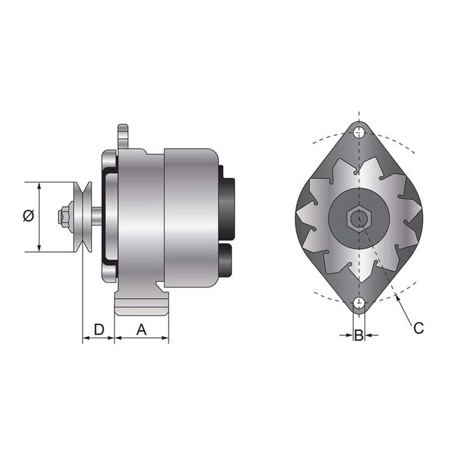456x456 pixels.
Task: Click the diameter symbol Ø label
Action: pyautogui.click(x=28, y=216)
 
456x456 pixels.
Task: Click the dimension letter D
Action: pyautogui.click(x=98, y=329)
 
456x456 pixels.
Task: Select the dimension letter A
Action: pyautogui.click(x=141, y=329)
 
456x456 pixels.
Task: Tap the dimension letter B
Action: pyautogui.click(x=358, y=336)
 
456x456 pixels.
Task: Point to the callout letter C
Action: pyautogui.click(x=418, y=328)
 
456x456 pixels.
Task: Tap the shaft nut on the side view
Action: pyautogui.click(x=64, y=216)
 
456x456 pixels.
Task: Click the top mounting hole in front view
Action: pyautogui.click(x=359, y=133)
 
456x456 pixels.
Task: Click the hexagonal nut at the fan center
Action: pyautogui.click(x=358, y=218)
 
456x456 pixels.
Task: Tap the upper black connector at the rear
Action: pyautogui.click(x=228, y=202)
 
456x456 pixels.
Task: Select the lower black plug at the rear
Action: pyautogui.click(x=227, y=259)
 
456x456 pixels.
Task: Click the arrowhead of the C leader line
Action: pyautogui.click(x=398, y=298)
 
